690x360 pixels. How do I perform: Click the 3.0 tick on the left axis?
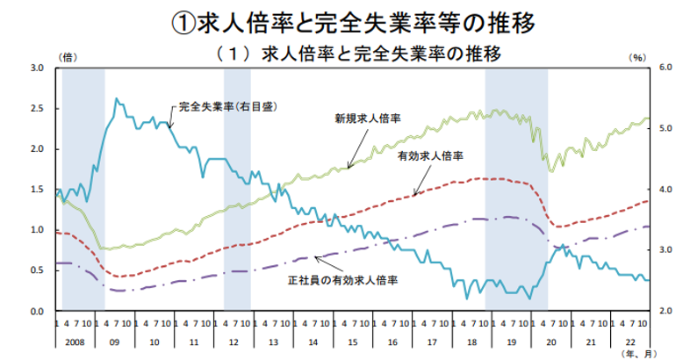37,68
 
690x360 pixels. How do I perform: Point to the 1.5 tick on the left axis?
37,190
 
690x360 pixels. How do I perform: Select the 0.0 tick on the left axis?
37,312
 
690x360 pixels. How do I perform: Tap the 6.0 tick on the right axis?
665,68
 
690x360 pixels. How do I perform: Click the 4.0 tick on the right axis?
665,190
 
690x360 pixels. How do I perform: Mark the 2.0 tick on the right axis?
665,312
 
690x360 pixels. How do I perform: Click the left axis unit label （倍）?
68,56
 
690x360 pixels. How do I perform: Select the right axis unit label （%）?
636,56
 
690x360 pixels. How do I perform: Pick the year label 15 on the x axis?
351,338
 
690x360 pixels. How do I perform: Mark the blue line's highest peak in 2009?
117,99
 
